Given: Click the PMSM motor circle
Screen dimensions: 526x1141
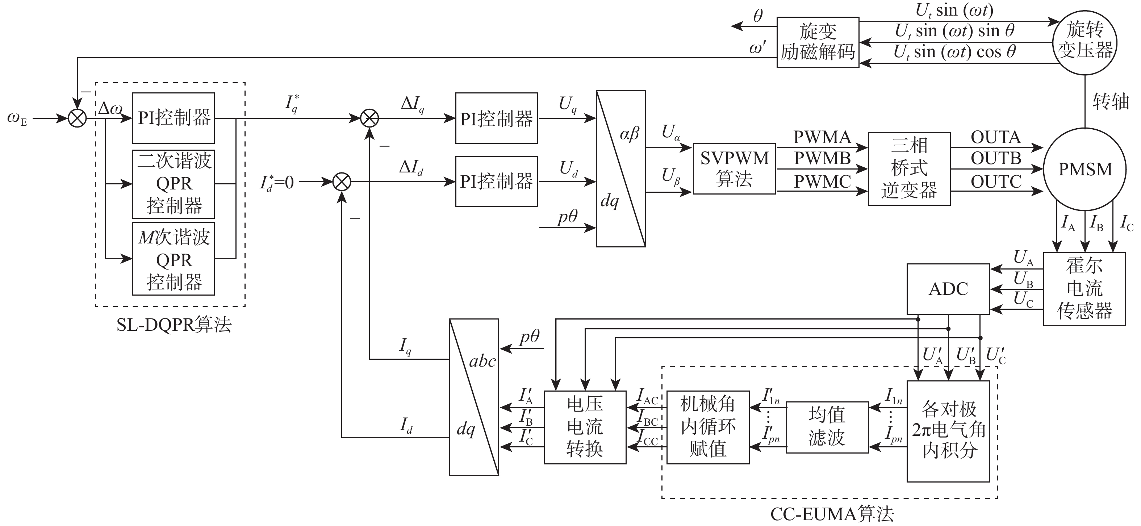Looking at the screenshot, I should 1085,169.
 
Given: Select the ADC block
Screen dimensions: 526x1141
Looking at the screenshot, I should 948,289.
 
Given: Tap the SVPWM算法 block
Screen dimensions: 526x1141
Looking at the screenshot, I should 734,169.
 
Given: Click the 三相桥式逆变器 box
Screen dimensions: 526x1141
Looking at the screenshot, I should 909,169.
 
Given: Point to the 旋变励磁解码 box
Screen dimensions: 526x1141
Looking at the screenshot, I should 818,42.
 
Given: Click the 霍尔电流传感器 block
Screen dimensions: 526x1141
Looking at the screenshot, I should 1084,289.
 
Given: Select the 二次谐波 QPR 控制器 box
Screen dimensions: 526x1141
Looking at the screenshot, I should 173,184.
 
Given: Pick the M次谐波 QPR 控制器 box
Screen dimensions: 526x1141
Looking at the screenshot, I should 173,259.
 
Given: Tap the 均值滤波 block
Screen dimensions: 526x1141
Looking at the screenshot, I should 827,427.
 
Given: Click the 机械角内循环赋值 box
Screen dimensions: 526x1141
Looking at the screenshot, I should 708,427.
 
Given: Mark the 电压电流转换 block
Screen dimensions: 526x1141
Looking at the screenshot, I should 585,427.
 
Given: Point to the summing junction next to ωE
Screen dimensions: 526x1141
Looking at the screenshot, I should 78,118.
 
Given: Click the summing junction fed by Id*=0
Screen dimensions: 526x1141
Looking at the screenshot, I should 342,182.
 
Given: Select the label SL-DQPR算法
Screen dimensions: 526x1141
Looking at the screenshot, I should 174,325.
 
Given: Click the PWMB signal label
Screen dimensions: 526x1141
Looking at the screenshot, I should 822,158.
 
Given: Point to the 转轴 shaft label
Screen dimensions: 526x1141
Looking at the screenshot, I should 1111,102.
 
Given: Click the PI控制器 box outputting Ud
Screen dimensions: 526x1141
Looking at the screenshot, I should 497,182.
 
